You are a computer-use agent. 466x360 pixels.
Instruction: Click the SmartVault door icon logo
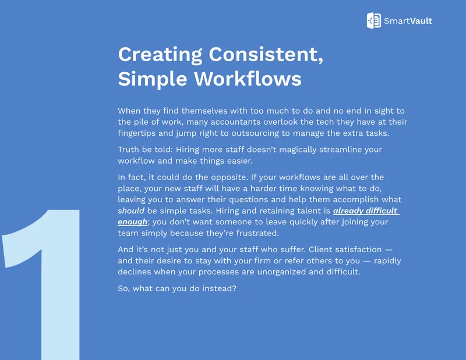click(x=373, y=20)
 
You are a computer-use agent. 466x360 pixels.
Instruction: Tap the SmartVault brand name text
click(x=408, y=21)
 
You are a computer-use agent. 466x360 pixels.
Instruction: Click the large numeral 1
click(x=41, y=284)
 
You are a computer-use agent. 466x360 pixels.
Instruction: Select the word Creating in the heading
click(x=160, y=55)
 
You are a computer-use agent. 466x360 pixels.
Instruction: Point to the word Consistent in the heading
click(x=266, y=54)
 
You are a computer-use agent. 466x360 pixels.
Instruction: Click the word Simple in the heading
click(x=153, y=79)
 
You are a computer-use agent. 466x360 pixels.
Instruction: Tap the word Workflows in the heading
click(x=248, y=79)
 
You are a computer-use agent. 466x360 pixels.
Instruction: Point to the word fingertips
click(x=137, y=133)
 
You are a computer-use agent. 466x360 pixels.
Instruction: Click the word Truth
click(x=128, y=149)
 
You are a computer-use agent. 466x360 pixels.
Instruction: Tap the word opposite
click(x=229, y=178)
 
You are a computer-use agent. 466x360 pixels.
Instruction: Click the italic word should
click(x=131, y=211)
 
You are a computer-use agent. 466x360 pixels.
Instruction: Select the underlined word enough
click(x=133, y=223)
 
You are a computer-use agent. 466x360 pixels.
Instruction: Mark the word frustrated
click(x=257, y=233)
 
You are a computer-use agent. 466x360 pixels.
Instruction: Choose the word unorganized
click(x=281, y=272)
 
